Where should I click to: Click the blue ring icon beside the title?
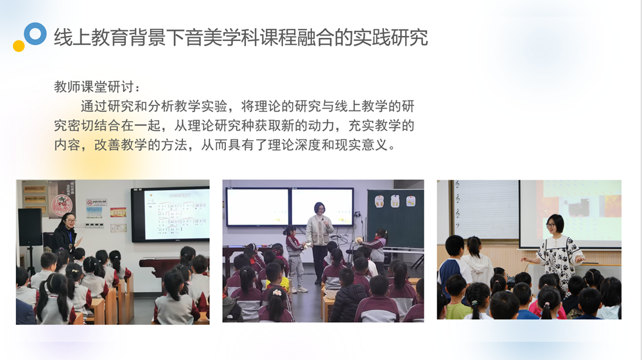[35, 26]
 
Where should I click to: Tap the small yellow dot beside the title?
[19, 46]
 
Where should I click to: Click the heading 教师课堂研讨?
[94, 87]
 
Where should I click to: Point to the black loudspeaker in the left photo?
[30, 227]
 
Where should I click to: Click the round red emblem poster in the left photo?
[62, 203]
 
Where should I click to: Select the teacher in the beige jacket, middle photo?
[319, 242]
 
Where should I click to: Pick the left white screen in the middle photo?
[258, 207]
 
